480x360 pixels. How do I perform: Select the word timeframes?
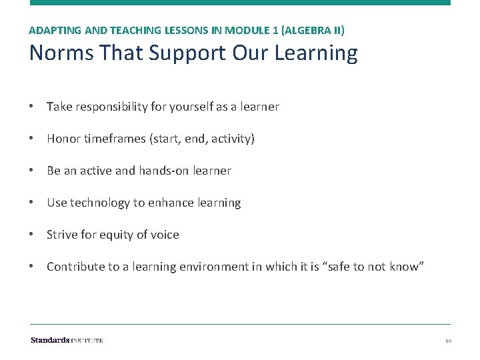tap(115, 139)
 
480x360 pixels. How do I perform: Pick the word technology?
tap(101, 203)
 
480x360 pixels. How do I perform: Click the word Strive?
tap(62, 235)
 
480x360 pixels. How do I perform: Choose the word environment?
tap(217, 267)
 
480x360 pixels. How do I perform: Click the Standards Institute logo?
tap(67, 340)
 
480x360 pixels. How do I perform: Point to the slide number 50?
tap(448, 341)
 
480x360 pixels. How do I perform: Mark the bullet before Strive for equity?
tap(32, 235)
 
